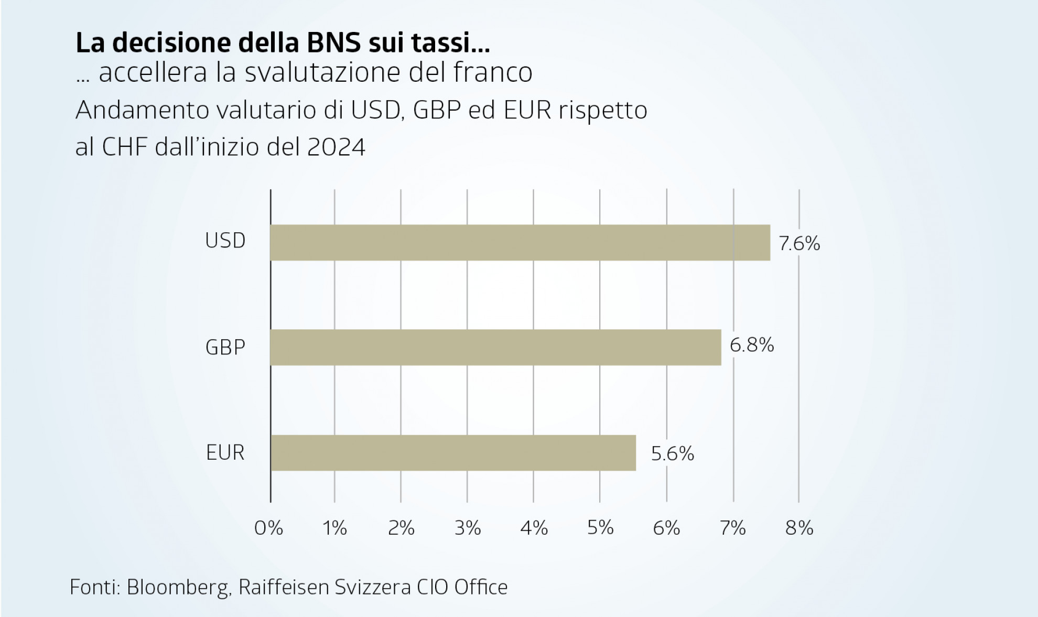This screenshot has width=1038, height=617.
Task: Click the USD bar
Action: pos(520,243)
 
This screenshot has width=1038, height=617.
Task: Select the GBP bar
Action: pos(495,347)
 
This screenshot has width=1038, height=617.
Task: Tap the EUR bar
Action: pos(453,452)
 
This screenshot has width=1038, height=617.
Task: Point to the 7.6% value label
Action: pos(799,244)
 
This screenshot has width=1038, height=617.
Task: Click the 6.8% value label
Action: pos(752,345)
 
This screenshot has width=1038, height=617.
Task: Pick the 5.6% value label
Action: pos(673,453)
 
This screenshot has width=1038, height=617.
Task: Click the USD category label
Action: pos(225,241)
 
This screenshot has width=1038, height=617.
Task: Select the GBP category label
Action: pos(225,348)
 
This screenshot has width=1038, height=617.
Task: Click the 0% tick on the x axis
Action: pos(269,528)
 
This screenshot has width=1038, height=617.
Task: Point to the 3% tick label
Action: pos(468,528)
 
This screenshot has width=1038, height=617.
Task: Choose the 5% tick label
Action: pos(600,528)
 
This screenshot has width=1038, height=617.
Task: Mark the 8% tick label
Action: pos(799,528)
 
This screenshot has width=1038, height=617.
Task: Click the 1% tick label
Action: pos(335,528)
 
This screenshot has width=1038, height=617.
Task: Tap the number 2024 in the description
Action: pos(336,147)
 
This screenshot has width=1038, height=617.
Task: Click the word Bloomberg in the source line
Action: pos(178,587)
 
